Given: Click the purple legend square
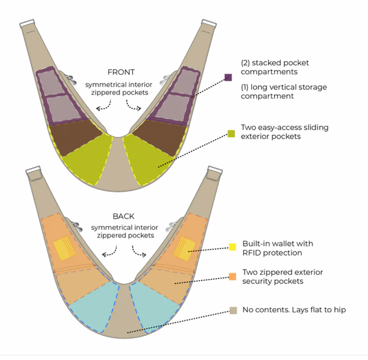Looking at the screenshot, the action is [x=228, y=77].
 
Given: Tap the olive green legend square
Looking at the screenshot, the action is [x=231, y=133].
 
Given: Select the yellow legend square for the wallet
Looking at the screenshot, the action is [x=233, y=247].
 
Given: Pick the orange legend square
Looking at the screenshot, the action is [x=233, y=276].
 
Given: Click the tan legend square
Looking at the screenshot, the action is [x=233, y=310].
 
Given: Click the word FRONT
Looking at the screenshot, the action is [x=121, y=72].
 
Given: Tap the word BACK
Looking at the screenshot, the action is [x=124, y=216].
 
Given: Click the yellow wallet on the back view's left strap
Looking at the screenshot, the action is [x=64, y=248].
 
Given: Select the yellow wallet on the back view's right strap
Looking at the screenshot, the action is [x=184, y=249].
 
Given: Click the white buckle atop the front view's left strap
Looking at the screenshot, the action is [x=27, y=24].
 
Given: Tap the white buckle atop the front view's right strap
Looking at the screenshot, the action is [x=209, y=24].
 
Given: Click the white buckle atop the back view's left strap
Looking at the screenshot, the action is [x=33, y=170].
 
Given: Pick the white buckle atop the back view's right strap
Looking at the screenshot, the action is [x=215, y=170].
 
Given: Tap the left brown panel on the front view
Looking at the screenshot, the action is [x=75, y=137].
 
